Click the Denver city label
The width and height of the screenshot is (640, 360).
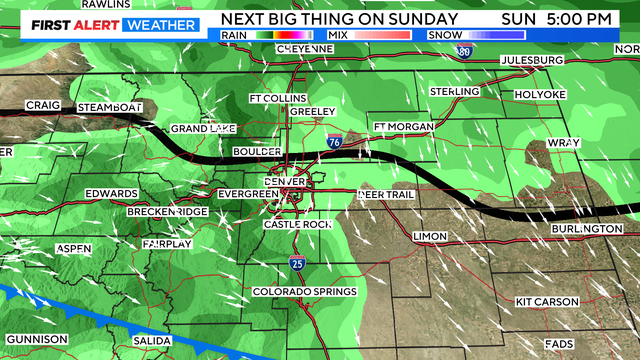(285, 181)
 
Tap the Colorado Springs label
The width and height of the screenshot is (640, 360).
(303, 291)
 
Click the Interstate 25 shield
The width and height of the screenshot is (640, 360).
(297, 263)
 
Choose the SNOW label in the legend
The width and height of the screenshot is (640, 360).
(442, 35)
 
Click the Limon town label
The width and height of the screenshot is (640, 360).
(429, 236)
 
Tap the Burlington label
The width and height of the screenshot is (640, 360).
(586, 229)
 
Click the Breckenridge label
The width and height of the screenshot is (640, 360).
(166, 212)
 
